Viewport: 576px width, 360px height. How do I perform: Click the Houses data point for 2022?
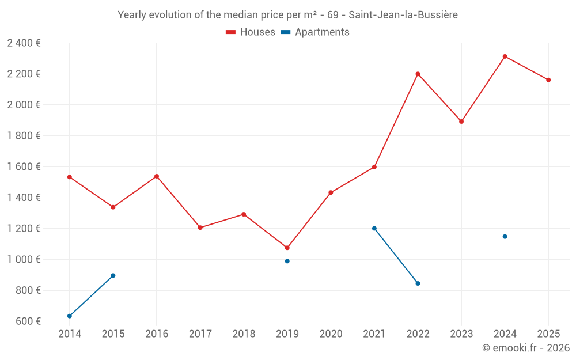(x=418, y=74)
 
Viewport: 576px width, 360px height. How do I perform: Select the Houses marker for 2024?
(x=505, y=56)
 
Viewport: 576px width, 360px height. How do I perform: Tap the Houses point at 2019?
(x=287, y=248)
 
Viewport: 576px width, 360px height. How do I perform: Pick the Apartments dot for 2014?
(x=70, y=316)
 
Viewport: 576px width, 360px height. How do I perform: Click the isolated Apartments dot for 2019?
(x=287, y=261)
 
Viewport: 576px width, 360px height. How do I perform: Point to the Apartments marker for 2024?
(x=505, y=236)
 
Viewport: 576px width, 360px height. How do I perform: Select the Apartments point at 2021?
(x=374, y=228)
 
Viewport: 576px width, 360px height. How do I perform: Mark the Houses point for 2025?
(x=548, y=80)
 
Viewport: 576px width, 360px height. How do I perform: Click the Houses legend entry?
(x=251, y=32)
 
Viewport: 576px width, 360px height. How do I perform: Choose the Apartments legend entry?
(x=315, y=32)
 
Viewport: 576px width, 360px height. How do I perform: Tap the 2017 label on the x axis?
(x=200, y=334)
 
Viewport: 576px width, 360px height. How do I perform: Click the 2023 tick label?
(x=461, y=334)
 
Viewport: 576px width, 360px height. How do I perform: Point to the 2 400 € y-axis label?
(x=24, y=43)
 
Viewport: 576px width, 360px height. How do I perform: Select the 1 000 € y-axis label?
(x=24, y=259)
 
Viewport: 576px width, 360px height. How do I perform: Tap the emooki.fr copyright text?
(x=525, y=348)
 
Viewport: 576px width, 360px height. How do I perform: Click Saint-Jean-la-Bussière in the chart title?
(x=403, y=15)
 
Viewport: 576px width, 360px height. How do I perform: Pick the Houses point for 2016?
(x=157, y=176)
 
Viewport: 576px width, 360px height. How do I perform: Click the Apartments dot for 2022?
(x=418, y=283)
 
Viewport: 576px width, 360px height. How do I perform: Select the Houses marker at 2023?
(x=461, y=122)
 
